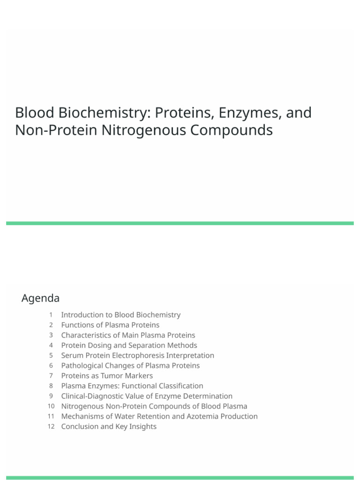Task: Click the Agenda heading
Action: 40,298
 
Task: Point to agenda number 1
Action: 51,315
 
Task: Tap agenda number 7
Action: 51,376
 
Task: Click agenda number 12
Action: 51,427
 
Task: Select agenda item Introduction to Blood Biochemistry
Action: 120,315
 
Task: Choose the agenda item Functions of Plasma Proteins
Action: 110,325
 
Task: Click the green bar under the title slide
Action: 180,224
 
